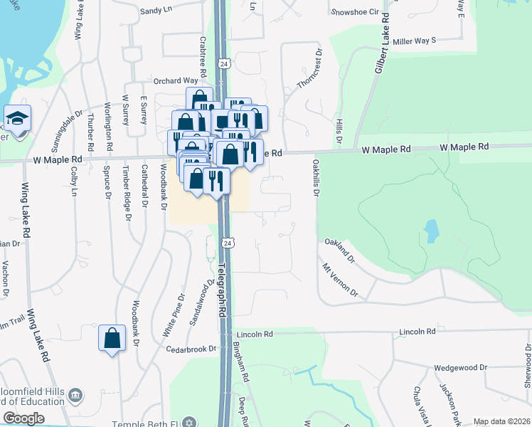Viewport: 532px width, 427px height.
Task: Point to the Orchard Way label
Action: [176, 81]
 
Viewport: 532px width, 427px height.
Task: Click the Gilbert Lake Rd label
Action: [380, 45]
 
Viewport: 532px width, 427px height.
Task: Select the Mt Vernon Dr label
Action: [339, 280]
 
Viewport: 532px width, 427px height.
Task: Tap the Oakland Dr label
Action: [339, 251]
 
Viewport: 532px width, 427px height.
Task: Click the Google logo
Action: [23, 418]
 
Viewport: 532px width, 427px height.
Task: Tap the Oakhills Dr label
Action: [314, 178]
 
